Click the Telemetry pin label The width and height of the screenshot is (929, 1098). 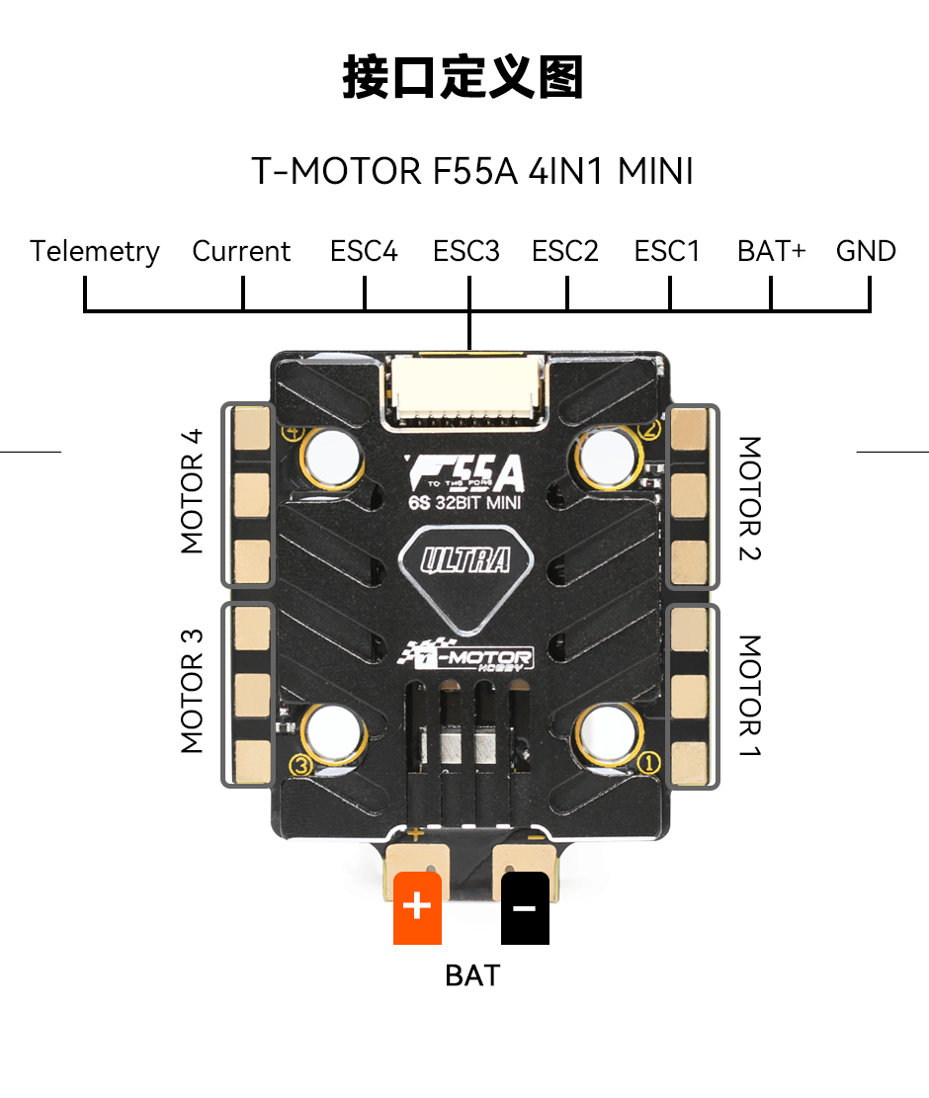95,252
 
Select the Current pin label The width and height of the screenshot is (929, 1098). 241,251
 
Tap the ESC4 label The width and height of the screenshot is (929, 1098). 364,251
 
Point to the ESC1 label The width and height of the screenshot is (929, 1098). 667,251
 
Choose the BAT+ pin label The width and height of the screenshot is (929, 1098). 772,251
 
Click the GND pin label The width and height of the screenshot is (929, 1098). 866,251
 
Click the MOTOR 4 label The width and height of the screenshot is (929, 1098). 191,491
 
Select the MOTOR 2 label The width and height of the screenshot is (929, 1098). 750,498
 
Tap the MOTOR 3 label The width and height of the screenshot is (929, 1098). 191,691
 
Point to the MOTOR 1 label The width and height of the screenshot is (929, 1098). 750,696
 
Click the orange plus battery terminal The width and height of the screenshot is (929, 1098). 417,907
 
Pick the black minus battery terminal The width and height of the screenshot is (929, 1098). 525,907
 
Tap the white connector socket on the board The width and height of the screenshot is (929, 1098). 466,389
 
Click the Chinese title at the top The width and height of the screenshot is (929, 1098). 463,77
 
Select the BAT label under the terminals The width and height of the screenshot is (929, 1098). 472,975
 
